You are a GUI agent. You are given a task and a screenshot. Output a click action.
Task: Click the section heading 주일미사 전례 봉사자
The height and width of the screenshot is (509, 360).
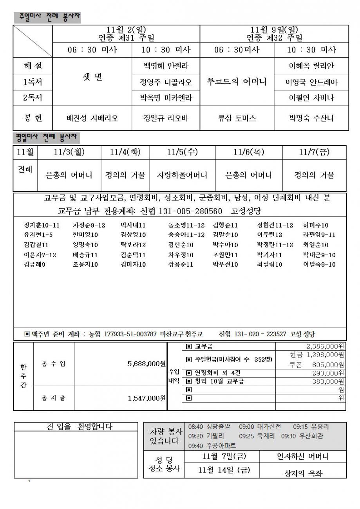click(47, 17)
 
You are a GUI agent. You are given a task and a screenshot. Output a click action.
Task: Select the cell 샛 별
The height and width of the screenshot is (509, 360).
click(92, 78)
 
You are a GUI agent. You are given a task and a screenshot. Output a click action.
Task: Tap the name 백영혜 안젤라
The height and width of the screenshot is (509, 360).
click(166, 66)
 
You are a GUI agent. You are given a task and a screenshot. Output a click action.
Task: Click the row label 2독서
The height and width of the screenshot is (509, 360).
click(33, 98)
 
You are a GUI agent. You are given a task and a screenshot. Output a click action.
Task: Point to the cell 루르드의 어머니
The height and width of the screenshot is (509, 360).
click(237, 82)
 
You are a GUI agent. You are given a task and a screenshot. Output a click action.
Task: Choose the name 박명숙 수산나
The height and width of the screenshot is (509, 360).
click(311, 118)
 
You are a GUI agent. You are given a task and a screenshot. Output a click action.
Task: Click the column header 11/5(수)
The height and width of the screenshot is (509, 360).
click(182, 152)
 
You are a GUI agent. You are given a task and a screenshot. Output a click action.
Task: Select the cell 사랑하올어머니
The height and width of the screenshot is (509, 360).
click(182, 175)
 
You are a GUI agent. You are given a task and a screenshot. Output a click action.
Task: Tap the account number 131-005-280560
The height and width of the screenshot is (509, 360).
click(190, 211)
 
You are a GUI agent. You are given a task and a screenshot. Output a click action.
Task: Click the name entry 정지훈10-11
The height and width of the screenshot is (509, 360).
click(42, 225)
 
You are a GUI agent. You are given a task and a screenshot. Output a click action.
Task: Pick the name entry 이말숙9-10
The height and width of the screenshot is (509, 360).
click(319, 264)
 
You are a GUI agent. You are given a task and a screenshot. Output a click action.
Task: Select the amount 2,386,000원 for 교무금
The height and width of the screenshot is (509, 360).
click(325, 347)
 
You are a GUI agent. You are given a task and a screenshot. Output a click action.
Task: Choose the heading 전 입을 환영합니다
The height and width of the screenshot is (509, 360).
click(79, 427)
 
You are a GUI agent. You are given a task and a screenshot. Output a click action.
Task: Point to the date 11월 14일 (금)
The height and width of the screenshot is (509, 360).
click(224, 470)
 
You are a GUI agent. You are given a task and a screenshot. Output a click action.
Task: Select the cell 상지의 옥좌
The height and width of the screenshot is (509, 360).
click(303, 473)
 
